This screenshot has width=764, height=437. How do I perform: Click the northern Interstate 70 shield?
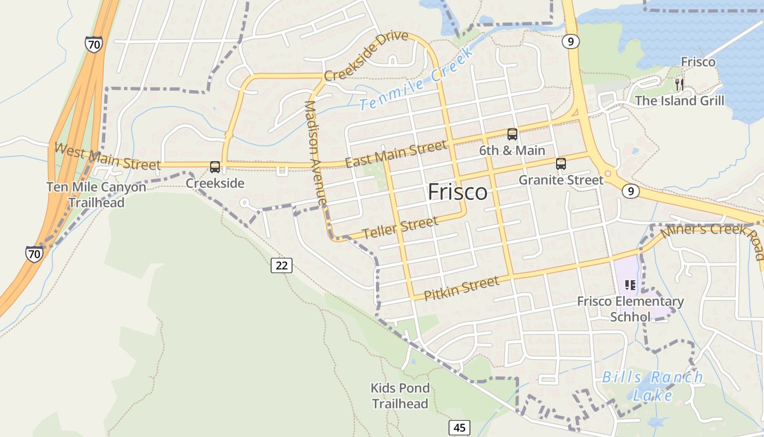coord(93,44)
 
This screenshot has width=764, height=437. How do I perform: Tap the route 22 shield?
coord(282,265)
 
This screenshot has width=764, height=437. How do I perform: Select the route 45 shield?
coord(459,427)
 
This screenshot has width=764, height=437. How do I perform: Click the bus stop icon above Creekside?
coord(215,167)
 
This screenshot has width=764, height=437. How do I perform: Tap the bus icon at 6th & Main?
coord(512,134)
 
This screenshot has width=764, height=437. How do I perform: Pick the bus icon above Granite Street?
coord(560,164)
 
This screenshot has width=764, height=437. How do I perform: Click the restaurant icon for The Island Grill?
coord(679,84)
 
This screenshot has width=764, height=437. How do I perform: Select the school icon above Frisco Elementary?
coord(630,285)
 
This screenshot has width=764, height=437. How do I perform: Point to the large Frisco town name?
coord(457,192)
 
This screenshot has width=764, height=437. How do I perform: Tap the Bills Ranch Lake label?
coord(652,386)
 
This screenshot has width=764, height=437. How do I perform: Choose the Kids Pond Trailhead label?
coord(400,396)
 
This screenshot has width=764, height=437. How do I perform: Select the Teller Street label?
coord(400,228)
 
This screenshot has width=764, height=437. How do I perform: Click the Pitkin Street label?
coord(461,288)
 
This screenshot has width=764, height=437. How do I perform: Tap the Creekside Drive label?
coord(366,56)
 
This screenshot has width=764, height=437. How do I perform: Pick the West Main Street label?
coord(108,156)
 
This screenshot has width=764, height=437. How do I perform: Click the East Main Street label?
coord(396,155)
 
